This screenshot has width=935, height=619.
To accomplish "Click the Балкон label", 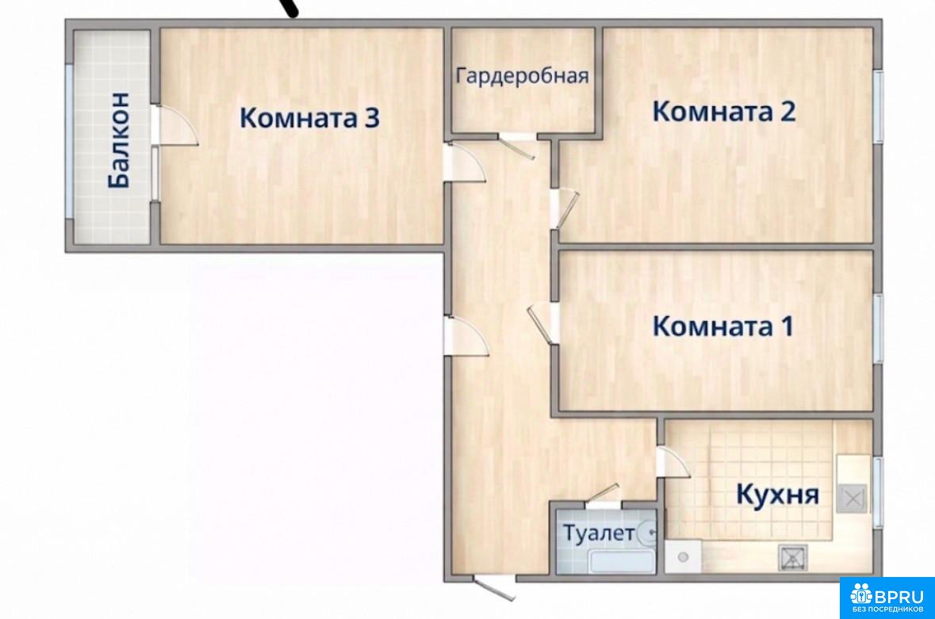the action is click(x=119, y=140).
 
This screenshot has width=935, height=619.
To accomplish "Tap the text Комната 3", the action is click(x=309, y=117).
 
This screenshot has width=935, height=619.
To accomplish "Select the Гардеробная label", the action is click(x=523, y=76).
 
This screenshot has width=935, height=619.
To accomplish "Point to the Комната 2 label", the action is click(x=724, y=112).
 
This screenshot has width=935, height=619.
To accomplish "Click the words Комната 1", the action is click(x=723, y=326).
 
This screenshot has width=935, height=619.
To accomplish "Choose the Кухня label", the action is click(x=777, y=494).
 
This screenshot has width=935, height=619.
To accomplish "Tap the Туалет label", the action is click(x=599, y=533).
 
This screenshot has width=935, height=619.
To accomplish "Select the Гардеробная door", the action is click(x=518, y=147).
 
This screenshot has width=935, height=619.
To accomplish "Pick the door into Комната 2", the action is click(x=564, y=208).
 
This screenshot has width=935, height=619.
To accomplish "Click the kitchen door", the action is click(x=673, y=462).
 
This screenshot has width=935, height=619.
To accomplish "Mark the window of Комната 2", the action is click(x=879, y=107).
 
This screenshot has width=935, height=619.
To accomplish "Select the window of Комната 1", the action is click(x=879, y=327).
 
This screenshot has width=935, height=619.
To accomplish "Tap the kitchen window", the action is click(x=879, y=492).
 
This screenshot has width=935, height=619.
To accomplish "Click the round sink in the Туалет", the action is click(x=648, y=533).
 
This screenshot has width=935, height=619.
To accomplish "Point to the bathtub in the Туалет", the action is click(x=621, y=562).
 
